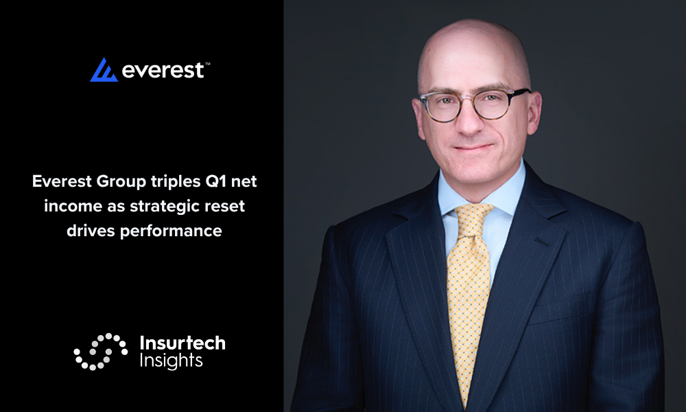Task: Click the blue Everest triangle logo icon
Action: click(x=104, y=70)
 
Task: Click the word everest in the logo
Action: click(x=163, y=71)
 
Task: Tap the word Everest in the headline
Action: click(x=62, y=181)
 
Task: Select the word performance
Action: click(x=171, y=231)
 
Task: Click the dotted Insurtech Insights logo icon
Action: click(x=101, y=352)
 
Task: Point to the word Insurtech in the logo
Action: click(x=182, y=343)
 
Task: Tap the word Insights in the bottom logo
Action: click(x=171, y=361)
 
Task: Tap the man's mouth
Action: click(x=473, y=148)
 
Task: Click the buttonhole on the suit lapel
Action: click(x=542, y=242)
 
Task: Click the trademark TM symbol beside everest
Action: click(x=207, y=64)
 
